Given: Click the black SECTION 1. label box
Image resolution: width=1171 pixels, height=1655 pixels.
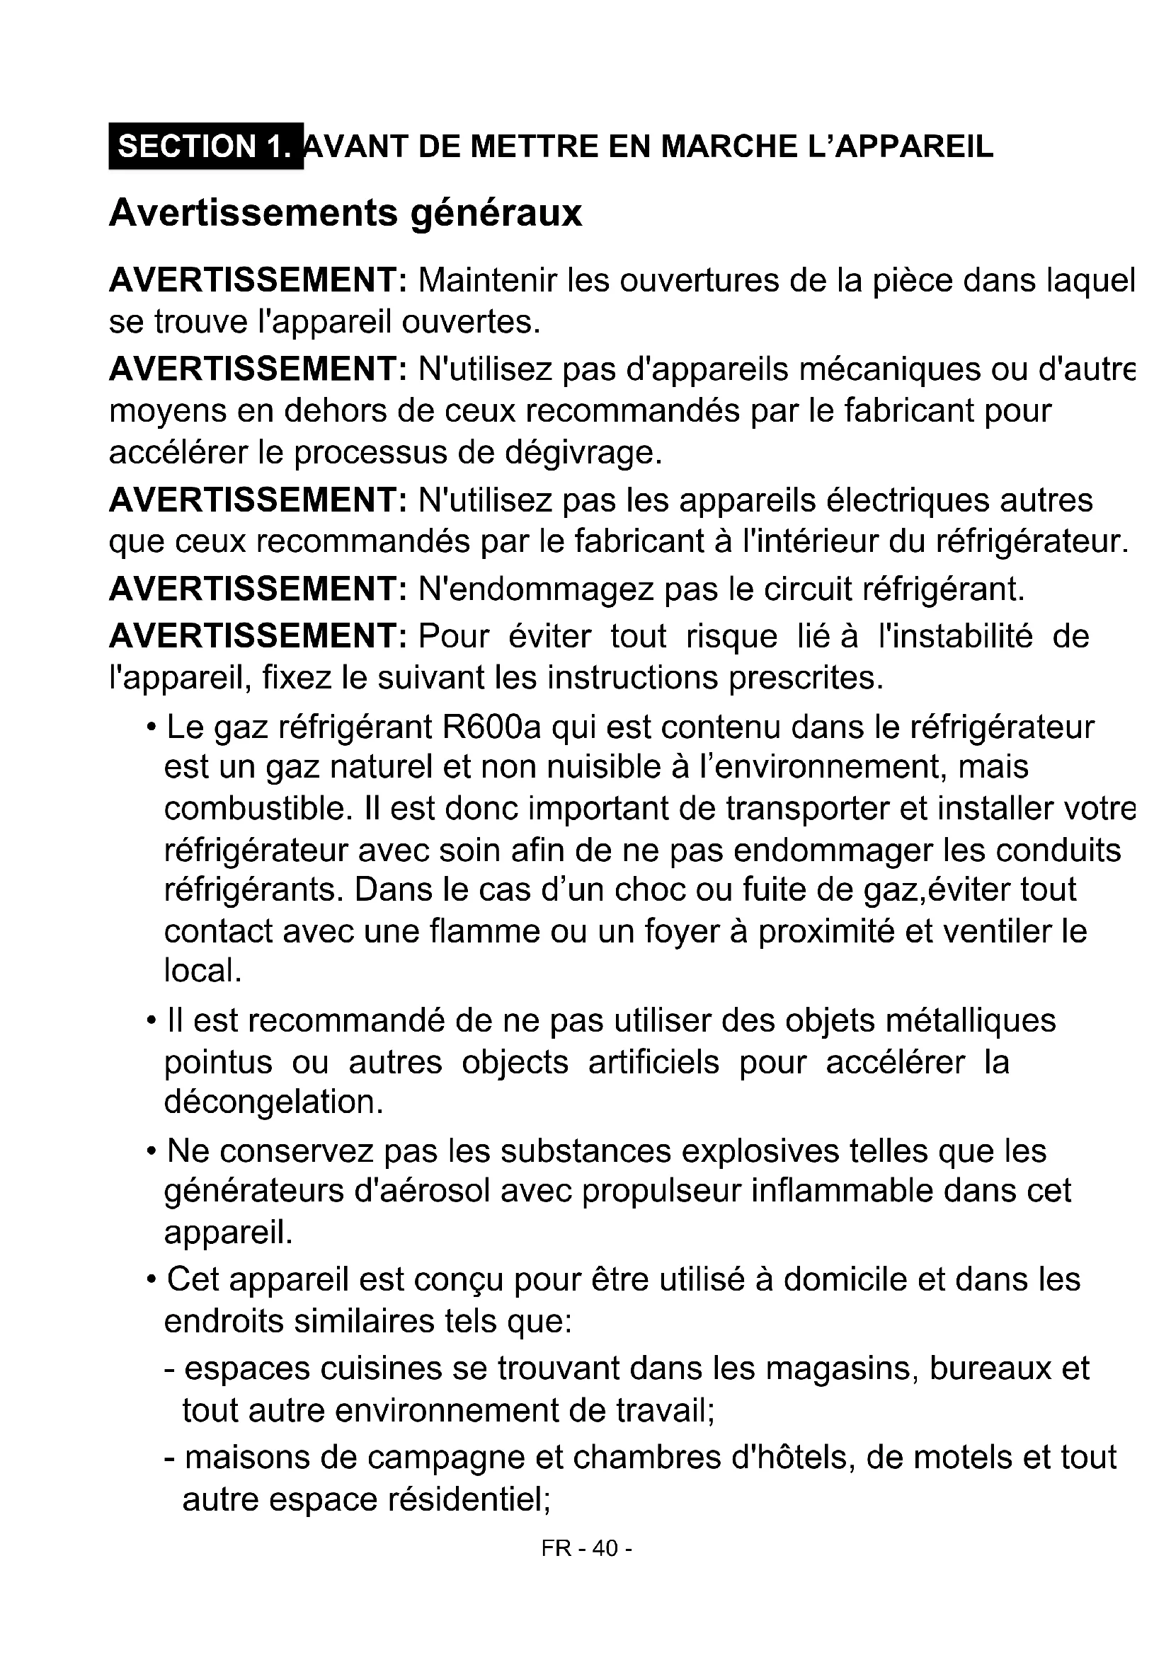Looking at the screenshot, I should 206,146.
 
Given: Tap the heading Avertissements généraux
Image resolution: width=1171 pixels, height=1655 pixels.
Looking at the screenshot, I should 345,214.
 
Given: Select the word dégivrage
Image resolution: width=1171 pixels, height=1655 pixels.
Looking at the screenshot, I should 583,453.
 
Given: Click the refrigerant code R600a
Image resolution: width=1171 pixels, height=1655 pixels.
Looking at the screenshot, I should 491,727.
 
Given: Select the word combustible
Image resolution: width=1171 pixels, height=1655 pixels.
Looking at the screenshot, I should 258,809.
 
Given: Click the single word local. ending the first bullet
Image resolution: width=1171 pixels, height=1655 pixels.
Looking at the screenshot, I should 202,971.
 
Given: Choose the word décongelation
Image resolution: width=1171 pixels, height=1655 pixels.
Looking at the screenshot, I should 273,1102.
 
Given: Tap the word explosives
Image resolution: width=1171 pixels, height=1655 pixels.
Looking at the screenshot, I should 760,1152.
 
